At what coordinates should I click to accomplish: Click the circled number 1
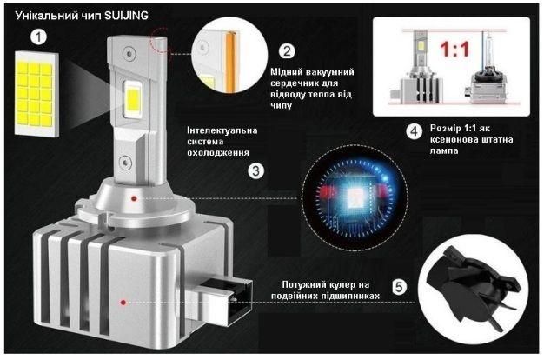(x=38, y=37)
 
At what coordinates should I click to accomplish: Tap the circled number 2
(x=287, y=51)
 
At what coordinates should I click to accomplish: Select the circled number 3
(x=256, y=170)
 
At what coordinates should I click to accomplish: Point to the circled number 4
(x=415, y=131)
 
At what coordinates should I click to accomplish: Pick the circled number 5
(x=399, y=287)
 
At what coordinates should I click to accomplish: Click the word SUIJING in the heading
(x=126, y=16)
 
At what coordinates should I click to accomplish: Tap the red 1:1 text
(x=454, y=50)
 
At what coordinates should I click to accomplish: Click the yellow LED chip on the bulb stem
(x=133, y=98)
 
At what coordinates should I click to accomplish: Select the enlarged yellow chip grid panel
(x=36, y=94)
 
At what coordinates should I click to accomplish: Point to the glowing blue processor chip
(x=355, y=197)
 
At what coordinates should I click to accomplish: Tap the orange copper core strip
(x=230, y=62)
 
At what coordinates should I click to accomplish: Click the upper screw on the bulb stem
(x=129, y=54)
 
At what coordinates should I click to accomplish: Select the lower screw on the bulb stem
(x=125, y=162)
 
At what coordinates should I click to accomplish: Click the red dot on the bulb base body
(x=123, y=303)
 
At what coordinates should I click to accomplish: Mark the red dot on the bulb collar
(x=134, y=198)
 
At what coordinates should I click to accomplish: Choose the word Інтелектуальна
(x=222, y=130)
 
